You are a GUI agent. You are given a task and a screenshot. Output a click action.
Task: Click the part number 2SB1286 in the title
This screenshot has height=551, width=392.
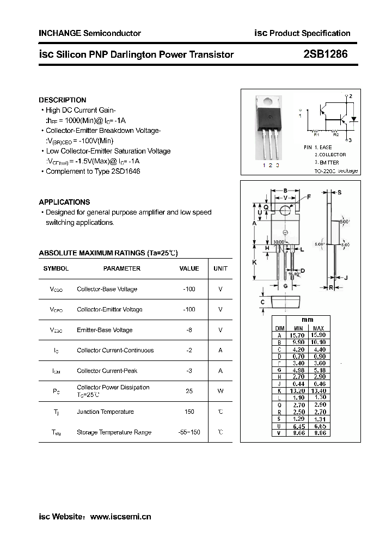tap(325, 54)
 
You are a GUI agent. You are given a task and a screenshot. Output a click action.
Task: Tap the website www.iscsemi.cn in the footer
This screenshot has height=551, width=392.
tap(120, 517)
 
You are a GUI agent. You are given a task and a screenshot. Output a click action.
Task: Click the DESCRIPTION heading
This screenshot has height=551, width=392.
tap(63, 100)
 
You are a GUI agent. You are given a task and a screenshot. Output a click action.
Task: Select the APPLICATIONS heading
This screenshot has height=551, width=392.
tap(64, 202)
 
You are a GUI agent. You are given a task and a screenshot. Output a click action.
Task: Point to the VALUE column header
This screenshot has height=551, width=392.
tap(189, 268)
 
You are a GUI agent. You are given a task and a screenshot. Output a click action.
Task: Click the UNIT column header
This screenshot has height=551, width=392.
tap(220, 268)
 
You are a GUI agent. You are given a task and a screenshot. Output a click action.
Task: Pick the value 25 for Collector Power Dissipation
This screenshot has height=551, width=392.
tap(189, 391)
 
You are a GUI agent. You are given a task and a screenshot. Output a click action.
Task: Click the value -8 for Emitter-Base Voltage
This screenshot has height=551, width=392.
tap(189, 330)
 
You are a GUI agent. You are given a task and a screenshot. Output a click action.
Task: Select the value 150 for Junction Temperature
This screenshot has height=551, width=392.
tap(189, 412)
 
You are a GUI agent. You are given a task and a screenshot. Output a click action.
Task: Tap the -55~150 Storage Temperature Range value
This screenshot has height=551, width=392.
tap(189, 432)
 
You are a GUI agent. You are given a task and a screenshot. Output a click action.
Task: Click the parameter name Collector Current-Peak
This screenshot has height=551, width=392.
tap(108, 371)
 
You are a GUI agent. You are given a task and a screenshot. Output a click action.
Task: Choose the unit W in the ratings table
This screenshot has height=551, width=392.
tap(220, 391)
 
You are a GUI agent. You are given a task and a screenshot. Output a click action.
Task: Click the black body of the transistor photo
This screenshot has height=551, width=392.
tap(268, 116)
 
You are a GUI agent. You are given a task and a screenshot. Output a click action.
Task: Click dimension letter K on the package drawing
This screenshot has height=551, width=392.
tap(254, 262)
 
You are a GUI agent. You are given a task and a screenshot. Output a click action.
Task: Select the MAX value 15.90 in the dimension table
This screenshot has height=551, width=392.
tap(318, 336)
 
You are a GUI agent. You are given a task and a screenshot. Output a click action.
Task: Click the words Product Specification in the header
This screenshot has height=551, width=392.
tap(310, 33)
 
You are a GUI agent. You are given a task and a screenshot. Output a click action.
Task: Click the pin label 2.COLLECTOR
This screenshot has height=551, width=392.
tap(330, 155)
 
